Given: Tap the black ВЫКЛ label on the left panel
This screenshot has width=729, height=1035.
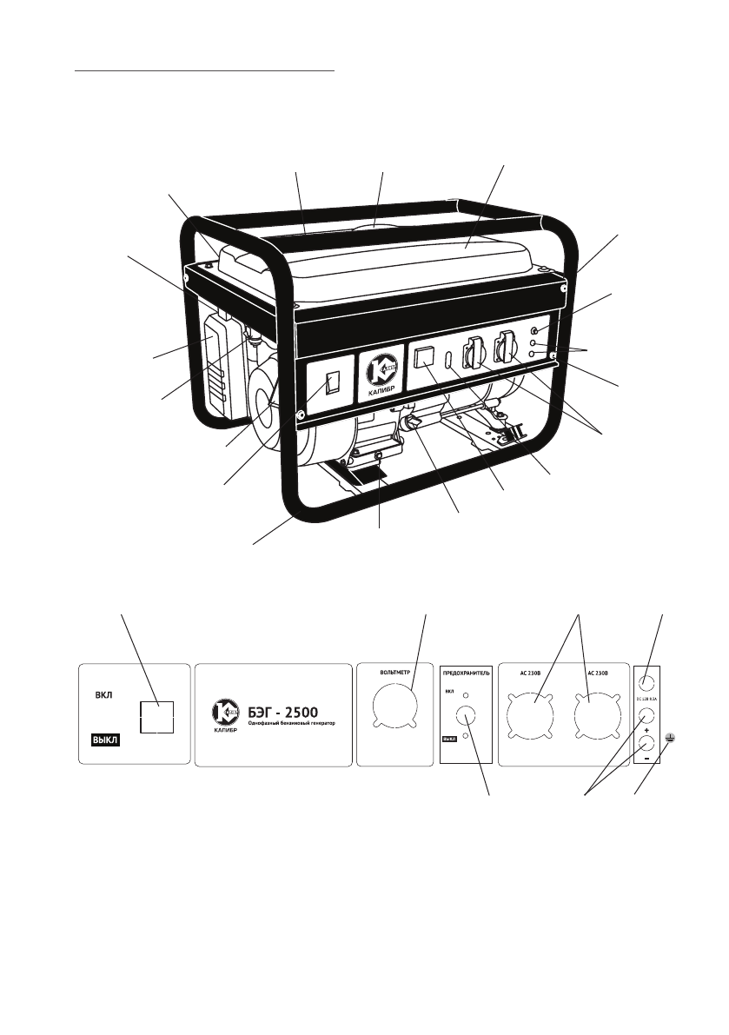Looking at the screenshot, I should click(105, 740).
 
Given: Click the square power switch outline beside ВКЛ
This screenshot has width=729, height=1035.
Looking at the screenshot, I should click(156, 717).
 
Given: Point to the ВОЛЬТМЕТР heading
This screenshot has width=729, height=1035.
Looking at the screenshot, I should click(394, 673).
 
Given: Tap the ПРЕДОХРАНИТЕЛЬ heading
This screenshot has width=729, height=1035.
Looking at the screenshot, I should click(467, 673).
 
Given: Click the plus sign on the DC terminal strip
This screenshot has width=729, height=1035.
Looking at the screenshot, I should click(648, 731).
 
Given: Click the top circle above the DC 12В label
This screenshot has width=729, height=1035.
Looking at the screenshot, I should click(648, 683).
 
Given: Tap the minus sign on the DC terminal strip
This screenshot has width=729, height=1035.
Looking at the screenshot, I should click(648, 759).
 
